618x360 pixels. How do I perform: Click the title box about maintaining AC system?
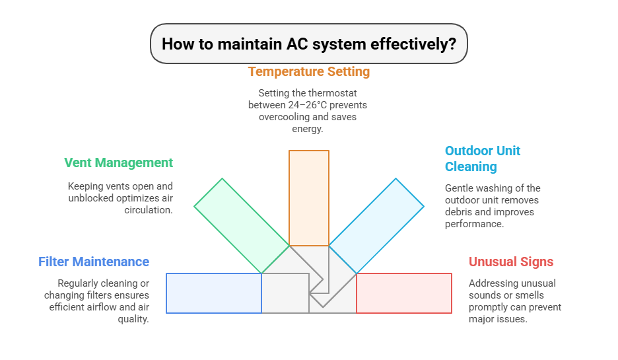pyautogui.click(x=308, y=44)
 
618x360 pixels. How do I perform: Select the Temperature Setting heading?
pyautogui.click(x=308, y=72)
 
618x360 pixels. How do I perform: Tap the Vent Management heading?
pyautogui.click(x=119, y=162)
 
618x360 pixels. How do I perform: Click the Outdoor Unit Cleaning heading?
pyautogui.click(x=483, y=159)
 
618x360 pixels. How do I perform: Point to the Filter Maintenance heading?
pyautogui.click(x=94, y=262)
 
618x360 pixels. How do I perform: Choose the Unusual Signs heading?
pyautogui.click(x=511, y=262)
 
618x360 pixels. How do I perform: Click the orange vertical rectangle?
pyautogui.click(x=309, y=198)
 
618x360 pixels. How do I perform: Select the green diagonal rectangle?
pyautogui.click(x=242, y=226)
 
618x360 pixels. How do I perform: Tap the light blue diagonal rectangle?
pyautogui.click(x=376, y=226)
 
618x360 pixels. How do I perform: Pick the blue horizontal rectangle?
pyautogui.click(x=214, y=293)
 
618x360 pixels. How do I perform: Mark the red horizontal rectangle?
pyautogui.click(x=404, y=293)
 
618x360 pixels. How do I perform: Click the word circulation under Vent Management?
pyautogui.click(x=149, y=210)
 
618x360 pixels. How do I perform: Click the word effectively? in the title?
pyautogui.click(x=413, y=44)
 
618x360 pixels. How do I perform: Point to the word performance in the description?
pyautogui.click(x=475, y=224)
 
